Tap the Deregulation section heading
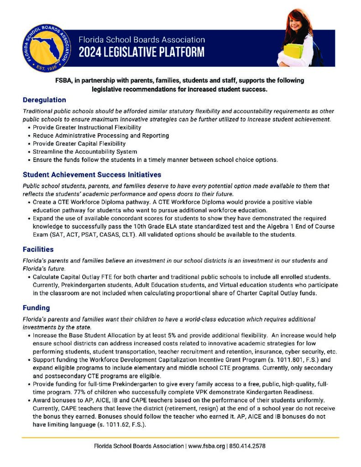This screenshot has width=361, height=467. (x=44, y=100)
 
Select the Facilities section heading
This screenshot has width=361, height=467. (x=38, y=249)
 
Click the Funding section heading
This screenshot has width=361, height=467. (x=37, y=308)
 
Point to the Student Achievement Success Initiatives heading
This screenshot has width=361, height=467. (x=91, y=175)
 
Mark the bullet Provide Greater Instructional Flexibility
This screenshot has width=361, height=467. (x=87, y=127)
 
